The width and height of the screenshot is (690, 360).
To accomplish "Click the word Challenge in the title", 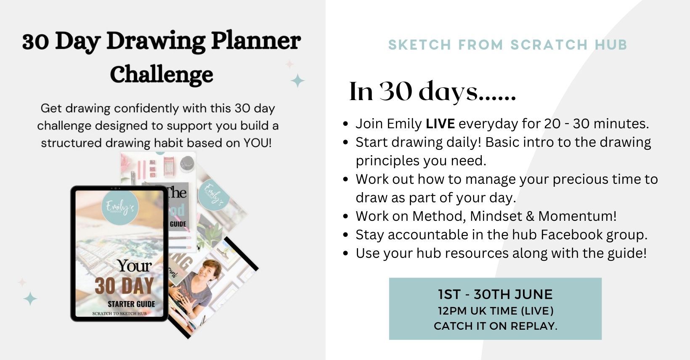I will (162, 75).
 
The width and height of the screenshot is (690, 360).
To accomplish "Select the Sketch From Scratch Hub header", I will (507, 45).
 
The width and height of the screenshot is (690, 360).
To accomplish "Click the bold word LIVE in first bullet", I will (440, 124).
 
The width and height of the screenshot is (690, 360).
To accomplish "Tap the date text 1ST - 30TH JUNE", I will (495, 294).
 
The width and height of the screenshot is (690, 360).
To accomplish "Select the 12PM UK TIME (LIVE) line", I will (495, 311).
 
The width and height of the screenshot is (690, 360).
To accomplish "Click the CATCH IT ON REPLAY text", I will (495, 326).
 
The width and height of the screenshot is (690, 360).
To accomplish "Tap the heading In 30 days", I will (432, 92).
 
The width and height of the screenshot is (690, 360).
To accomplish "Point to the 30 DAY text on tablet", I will (124, 286).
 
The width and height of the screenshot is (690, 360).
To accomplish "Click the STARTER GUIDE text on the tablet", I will (131, 304).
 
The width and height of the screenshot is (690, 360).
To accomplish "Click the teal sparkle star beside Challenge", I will (297, 80).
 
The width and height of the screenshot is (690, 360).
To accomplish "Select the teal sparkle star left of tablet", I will (30, 299).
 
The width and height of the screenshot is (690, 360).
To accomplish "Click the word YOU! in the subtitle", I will (257, 143).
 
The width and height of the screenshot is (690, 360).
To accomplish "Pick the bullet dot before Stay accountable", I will (346, 235).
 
